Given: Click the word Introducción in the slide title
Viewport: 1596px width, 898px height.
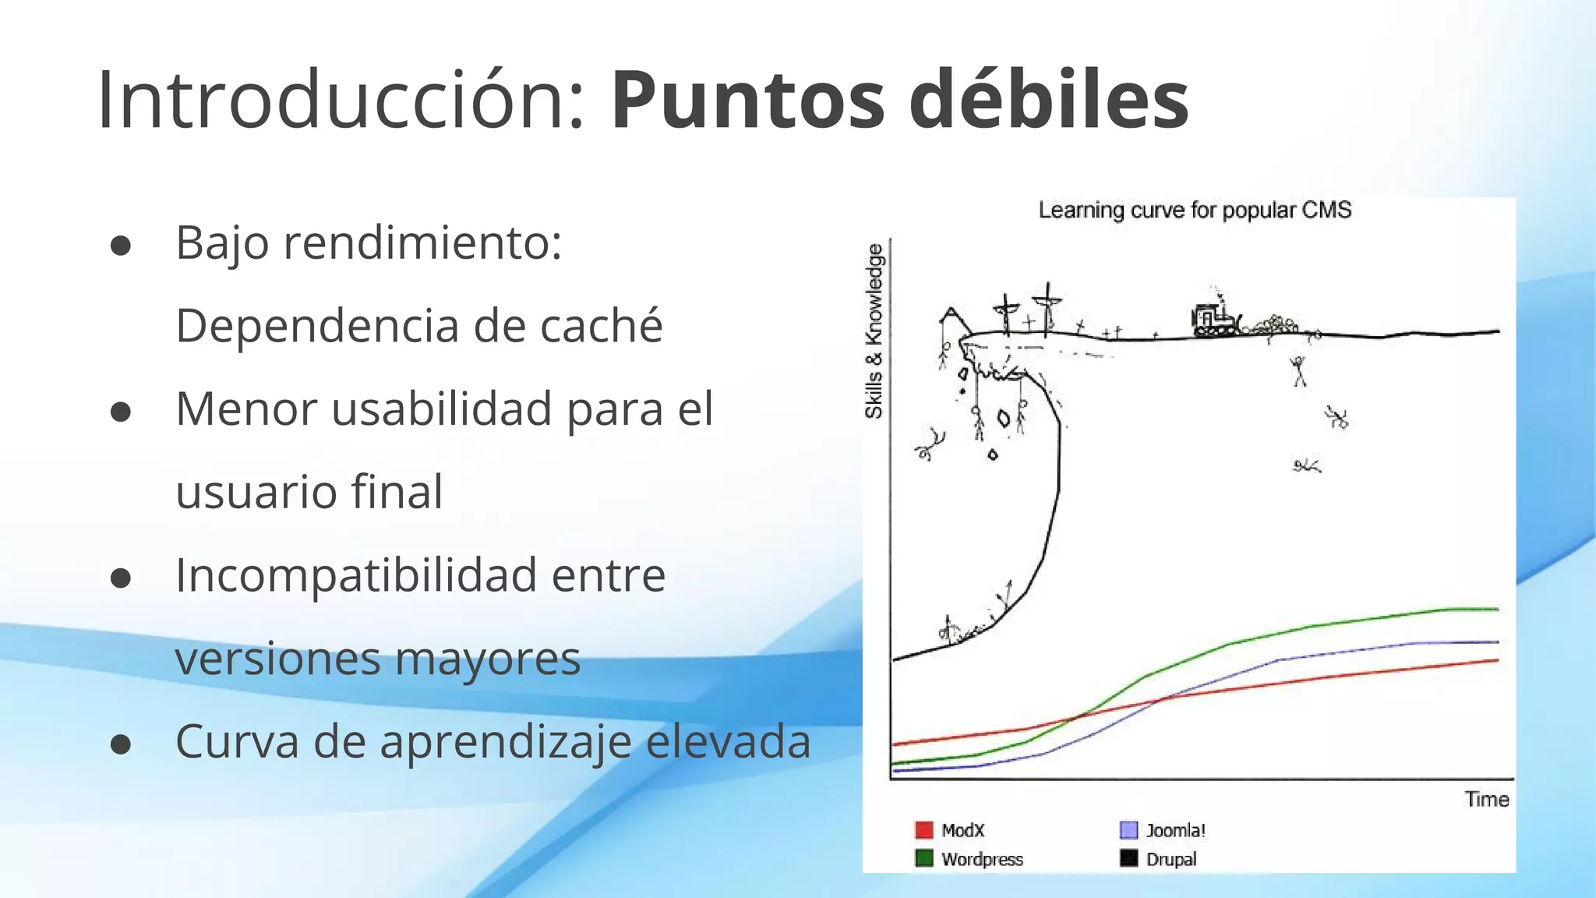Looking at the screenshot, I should [339, 100].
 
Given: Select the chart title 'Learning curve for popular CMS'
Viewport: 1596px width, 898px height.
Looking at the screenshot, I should [1195, 210].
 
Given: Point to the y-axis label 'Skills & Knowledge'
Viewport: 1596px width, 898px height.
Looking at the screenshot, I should [874, 331].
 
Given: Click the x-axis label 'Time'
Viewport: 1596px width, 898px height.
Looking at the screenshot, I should [1486, 800].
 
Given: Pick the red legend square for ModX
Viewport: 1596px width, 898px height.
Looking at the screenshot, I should [924, 830].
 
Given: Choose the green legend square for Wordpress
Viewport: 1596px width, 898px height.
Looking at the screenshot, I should [924, 858].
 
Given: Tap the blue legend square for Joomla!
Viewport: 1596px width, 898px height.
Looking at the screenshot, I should [1128, 830].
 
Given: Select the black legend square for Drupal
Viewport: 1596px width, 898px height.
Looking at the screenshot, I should [1128, 858].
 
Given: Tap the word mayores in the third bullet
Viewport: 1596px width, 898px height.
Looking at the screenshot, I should [488, 659].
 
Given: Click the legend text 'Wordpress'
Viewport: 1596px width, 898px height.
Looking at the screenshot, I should [982, 859].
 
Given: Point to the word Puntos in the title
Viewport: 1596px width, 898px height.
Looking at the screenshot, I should [747, 100].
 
